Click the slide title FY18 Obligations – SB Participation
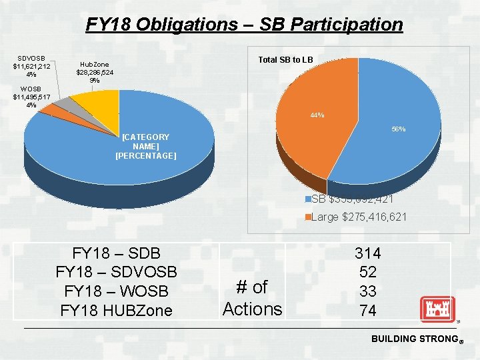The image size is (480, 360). click(x=244, y=25)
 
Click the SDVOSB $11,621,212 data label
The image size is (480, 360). click(x=32, y=65)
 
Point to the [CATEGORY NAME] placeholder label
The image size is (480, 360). click(x=145, y=146)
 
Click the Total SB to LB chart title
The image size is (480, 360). click(x=285, y=60)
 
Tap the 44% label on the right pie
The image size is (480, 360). click(x=317, y=115)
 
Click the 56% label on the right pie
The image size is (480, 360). click(x=398, y=129)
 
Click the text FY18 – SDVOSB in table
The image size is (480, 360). click(x=116, y=272)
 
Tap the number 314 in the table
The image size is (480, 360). click(x=367, y=253)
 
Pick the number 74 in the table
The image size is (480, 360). click(x=367, y=311)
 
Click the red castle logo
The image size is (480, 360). click(x=437, y=309)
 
